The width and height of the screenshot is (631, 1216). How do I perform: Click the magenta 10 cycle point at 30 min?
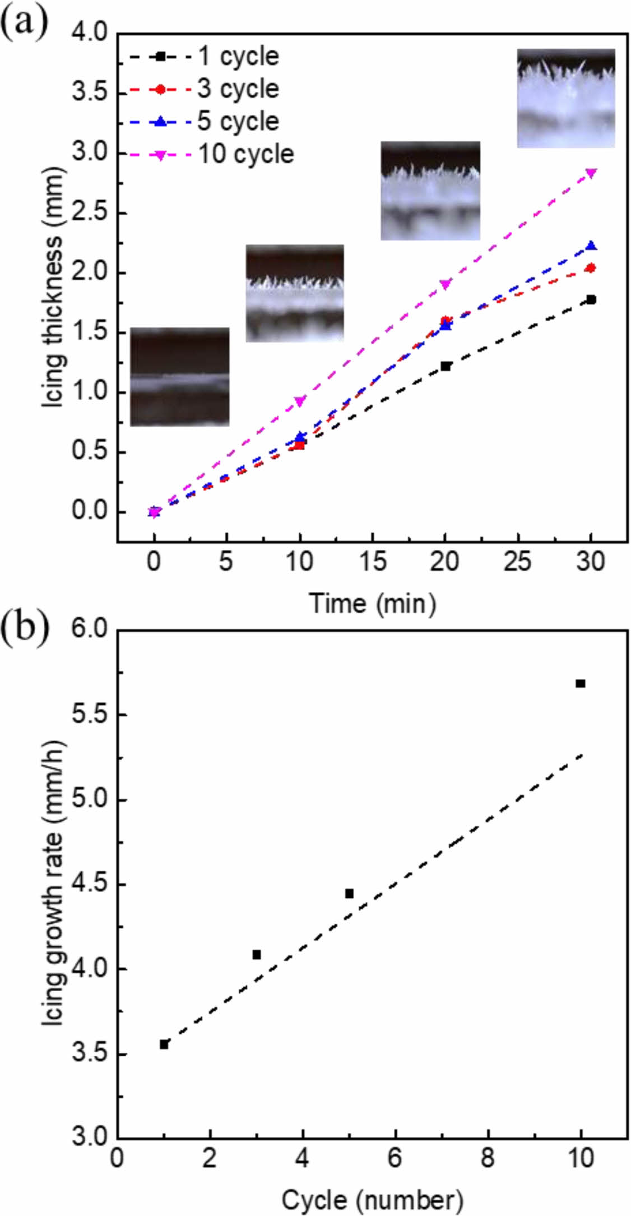(x=591, y=173)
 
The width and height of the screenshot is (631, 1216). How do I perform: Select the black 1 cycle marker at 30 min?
(x=591, y=299)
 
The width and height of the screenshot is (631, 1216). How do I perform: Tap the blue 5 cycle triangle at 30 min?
(x=591, y=246)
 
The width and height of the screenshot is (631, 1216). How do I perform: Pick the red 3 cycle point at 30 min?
(x=591, y=268)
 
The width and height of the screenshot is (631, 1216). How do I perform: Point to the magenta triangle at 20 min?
(x=446, y=284)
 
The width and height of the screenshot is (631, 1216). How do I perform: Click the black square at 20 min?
(x=446, y=366)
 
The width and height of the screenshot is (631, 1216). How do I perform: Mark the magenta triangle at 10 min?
(x=300, y=401)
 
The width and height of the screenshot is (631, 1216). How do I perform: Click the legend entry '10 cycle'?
(x=246, y=154)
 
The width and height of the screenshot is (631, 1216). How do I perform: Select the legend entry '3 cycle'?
(x=238, y=89)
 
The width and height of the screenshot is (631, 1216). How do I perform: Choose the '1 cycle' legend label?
(x=238, y=56)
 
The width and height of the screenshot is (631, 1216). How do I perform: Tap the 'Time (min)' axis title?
(x=372, y=603)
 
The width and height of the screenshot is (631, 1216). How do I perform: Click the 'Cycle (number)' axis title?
(x=372, y=1200)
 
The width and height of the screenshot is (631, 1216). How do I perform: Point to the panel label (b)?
(x=25, y=628)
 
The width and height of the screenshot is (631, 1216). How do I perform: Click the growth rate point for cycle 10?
(x=581, y=683)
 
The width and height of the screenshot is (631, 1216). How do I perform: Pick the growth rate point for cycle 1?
(x=164, y=1044)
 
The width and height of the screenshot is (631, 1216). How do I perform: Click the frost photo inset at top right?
(x=565, y=98)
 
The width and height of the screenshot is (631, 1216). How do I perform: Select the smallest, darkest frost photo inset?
(x=180, y=377)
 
